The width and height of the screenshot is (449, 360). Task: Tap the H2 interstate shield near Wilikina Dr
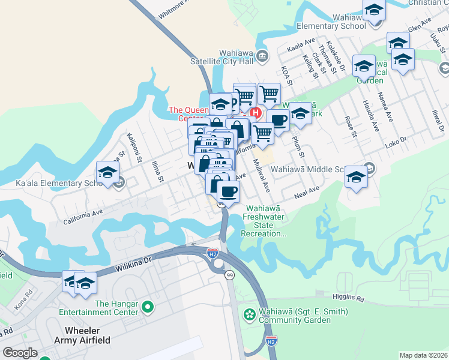coord(212,254)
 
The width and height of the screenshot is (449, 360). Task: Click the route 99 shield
coord(229,275)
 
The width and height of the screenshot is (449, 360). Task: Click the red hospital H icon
coord(256,112)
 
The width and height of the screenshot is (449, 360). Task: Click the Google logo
coord(20,353)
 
